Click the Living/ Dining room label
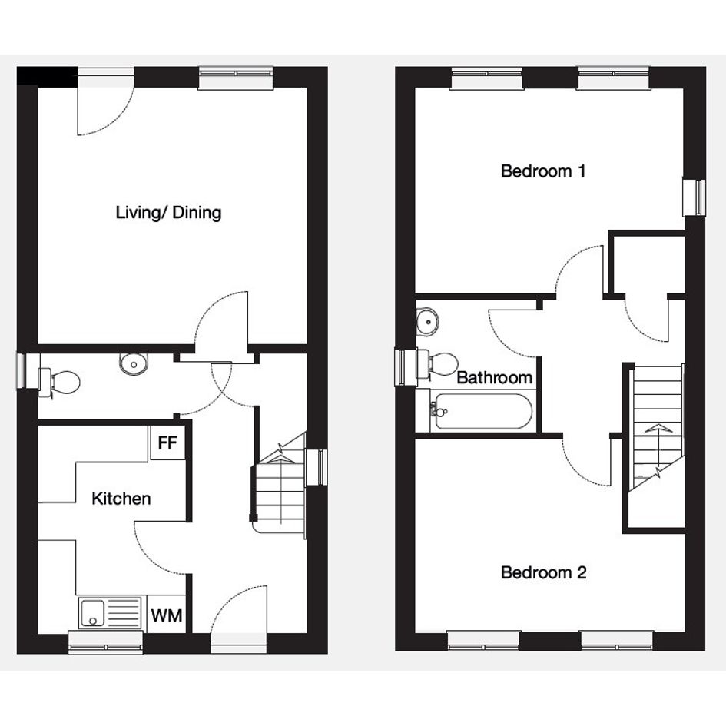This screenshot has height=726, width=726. (x=168, y=213)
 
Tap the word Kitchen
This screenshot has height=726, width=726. (x=121, y=499)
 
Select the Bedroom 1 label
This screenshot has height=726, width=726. (x=543, y=171)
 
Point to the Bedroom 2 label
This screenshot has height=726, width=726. (x=544, y=573)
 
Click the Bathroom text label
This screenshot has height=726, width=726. (x=495, y=378)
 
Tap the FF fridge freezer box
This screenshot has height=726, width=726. (x=167, y=443)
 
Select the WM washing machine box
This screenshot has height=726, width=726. (x=166, y=616)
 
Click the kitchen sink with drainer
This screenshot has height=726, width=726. (x=110, y=613)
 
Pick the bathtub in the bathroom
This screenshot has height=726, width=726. (x=482, y=411)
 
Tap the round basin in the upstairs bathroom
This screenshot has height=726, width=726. (x=427, y=320)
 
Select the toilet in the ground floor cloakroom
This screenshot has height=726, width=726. (x=59, y=383)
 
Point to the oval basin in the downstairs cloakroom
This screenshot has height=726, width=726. (x=134, y=364)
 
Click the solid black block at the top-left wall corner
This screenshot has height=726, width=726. (x=47, y=76)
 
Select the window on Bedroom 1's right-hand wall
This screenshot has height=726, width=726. (x=695, y=197)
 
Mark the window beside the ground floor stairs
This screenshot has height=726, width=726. (x=317, y=467)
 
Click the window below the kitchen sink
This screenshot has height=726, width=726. (x=105, y=643)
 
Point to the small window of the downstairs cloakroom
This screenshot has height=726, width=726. (x=28, y=370)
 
